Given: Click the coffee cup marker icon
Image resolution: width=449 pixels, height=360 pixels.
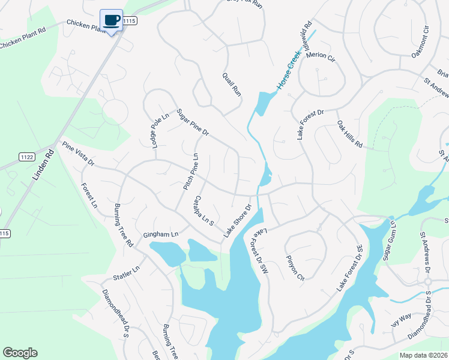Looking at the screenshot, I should (111, 20).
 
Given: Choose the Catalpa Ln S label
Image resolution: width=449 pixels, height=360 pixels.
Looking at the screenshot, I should (204, 211).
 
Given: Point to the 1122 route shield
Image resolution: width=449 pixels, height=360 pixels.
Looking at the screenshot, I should (27, 156).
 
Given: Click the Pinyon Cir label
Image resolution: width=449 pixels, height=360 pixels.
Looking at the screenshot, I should (296, 271).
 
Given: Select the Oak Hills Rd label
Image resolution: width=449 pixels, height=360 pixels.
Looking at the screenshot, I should (350, 134).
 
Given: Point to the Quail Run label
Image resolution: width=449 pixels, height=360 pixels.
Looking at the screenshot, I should (231, 85).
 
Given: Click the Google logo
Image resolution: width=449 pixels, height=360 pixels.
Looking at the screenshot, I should (20, 353).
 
